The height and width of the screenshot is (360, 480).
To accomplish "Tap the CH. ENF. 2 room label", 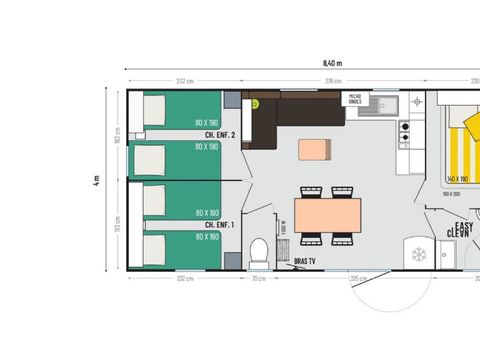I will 219,135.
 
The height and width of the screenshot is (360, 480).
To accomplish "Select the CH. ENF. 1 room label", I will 219,225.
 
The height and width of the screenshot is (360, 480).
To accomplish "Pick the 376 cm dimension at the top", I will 324,81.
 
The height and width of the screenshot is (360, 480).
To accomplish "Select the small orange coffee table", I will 314,149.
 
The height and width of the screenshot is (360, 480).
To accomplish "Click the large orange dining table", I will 327,213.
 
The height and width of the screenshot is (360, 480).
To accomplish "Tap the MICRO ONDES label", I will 356,99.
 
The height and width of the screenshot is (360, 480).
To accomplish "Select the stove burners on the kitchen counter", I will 405,130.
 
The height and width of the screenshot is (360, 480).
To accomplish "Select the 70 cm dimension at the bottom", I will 258,279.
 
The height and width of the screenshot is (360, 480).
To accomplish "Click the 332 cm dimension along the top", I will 183,81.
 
